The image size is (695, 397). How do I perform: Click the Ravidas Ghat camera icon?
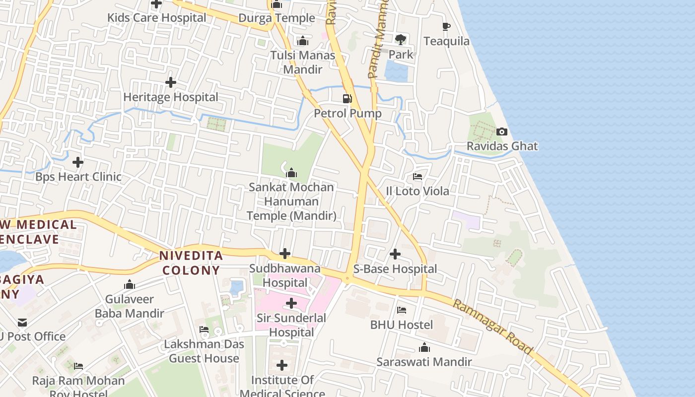(502, 132)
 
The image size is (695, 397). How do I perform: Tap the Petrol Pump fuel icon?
(347, 99)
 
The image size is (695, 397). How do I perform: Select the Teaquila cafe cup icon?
(446, 26)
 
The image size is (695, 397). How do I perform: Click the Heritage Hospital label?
(171, 97)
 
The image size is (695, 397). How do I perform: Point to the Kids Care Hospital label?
(157, 18)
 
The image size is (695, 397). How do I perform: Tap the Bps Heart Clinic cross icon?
(78, 162)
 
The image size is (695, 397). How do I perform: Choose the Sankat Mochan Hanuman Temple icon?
(291, 173)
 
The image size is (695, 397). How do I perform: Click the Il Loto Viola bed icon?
(417, 177)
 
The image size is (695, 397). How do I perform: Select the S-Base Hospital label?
(395, 269)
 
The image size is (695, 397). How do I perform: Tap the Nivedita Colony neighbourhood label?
(191, 263)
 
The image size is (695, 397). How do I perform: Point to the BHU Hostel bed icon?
(402, 310)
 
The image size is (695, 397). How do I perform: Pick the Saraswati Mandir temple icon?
(424, 347)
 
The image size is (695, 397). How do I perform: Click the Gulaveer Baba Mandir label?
(130, 306)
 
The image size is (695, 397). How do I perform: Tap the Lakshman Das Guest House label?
(204, 351)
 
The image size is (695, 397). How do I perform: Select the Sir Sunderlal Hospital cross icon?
(291, 303)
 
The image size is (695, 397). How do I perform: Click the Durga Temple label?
(277, 18)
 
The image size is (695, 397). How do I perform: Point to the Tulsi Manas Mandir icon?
(302, 41)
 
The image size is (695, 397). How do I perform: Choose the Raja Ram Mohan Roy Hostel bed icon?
(78, 366)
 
